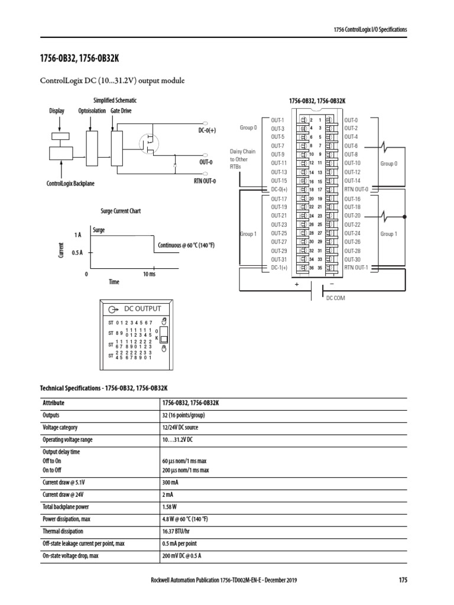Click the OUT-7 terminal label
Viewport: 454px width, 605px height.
pos(278,145)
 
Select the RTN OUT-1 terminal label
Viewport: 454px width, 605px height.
pos(356,267)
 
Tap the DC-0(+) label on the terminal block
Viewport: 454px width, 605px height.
pos(278,189)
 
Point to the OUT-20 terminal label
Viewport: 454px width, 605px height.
pos(352,216)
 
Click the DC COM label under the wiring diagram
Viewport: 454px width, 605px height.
pos(335,298)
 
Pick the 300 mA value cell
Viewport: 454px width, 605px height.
pos(170,482)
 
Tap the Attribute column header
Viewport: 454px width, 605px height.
pos(53,402)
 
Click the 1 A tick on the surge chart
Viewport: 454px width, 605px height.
pos(77,235)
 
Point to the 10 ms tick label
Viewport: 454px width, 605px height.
pos(148,274)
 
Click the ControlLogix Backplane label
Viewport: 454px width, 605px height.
pos(70,184)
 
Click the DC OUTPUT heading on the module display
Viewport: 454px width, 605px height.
pos(142,308)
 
